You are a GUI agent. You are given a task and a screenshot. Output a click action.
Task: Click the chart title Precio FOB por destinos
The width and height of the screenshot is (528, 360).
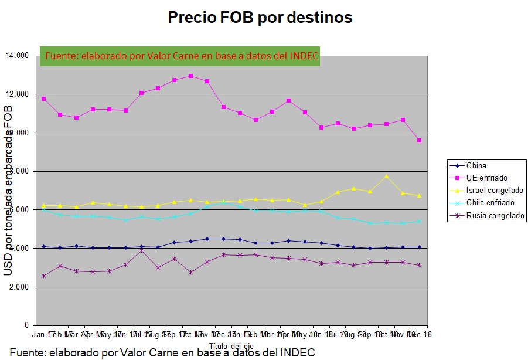click(260, 18)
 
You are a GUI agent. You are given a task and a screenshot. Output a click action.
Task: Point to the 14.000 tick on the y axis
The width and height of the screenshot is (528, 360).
click(17, 56)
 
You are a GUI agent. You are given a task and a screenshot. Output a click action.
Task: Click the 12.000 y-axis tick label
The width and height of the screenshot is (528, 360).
click(17, 94)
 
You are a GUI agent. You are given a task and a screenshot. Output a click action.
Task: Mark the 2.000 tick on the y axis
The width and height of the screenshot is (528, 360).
click(18, 287)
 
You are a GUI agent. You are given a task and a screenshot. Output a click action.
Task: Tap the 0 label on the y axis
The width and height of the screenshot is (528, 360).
click(26, 325)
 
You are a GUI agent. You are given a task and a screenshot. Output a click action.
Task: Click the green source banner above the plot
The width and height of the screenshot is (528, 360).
click(180, 56)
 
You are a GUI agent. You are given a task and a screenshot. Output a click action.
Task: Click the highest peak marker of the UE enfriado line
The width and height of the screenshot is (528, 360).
click(191, 76)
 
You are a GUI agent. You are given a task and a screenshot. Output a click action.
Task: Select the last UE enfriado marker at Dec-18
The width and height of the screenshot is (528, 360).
click(418, 141)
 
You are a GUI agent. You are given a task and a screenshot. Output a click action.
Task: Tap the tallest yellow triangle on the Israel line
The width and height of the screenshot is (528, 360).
click(386, 176)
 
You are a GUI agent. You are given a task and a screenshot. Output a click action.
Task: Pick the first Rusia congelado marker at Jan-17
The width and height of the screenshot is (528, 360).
click(44, 276)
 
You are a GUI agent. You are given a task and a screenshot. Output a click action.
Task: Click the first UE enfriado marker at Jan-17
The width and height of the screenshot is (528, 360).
click(44, 99)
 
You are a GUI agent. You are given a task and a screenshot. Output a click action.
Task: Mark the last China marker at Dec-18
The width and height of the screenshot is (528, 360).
click(418, 247)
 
